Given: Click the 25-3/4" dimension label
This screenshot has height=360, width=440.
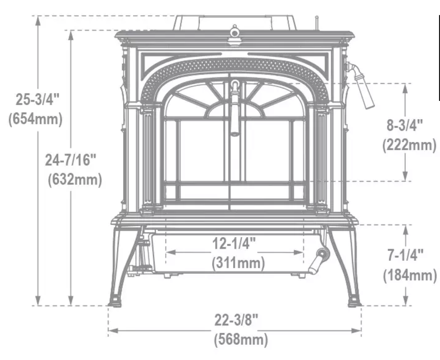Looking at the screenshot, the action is coord(35,99).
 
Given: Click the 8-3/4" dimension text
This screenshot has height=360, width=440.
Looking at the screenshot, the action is coord(404,126).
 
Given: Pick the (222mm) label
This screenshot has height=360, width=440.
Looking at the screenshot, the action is coord(409,145).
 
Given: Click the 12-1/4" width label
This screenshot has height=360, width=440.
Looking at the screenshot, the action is coord(234,244).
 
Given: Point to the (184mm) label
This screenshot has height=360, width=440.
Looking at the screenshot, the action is coord(410,275).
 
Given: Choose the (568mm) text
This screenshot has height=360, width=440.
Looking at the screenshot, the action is coord(241,340).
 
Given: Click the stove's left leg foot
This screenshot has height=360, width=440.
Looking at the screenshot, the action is coord(115,301).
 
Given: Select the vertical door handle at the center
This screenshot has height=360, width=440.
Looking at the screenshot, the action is coord(235,109).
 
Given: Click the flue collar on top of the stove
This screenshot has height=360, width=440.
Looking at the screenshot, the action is coord(235,22).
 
